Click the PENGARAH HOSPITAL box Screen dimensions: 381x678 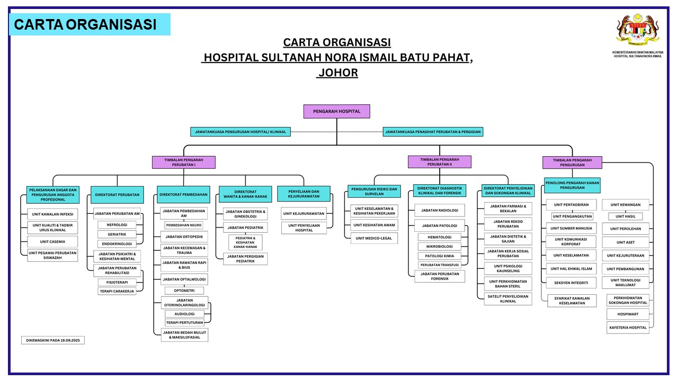[336, 111]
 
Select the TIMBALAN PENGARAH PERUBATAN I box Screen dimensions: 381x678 [184, 162]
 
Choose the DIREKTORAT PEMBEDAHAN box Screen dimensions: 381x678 [183, 195]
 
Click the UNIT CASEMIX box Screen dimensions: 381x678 [52, 241]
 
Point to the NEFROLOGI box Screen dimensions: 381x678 [117, 224]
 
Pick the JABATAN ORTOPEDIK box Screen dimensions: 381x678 [184, 236]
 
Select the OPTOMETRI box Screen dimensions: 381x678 [184, 291]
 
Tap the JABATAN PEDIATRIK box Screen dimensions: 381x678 [245, 228]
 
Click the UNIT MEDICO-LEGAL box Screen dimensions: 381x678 [374, 238]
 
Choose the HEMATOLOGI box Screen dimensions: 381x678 [440, 237]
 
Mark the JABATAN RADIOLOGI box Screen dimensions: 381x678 [440, 210]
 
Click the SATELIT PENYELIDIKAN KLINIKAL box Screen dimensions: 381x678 [508, 299]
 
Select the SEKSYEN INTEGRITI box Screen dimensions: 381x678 [571, 283]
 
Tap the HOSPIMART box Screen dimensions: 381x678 [628, 314]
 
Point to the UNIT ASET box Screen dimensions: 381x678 [629, 242]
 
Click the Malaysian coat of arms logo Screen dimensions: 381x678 [638, 31]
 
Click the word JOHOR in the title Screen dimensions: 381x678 [337, 72]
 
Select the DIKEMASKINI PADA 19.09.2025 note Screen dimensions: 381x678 [52, 340]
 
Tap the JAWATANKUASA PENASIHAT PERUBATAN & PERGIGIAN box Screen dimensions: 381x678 [433, 131]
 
